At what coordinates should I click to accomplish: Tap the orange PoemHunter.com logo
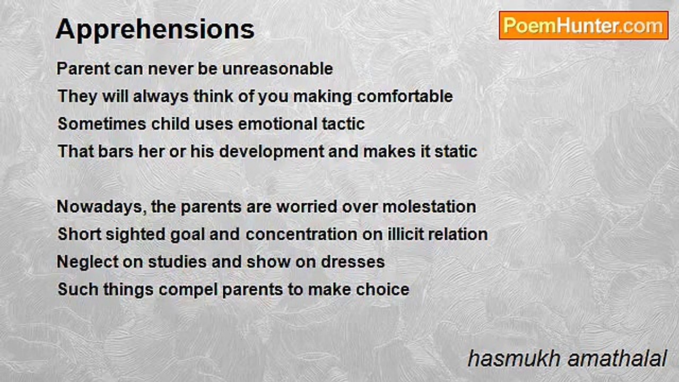584,25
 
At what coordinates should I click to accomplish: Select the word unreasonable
277,68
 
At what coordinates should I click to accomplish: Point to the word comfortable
405,96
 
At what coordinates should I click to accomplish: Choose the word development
271,152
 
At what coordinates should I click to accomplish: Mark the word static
456,152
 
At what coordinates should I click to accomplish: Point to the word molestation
429,207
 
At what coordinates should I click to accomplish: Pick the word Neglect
88,262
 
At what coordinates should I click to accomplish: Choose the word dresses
353,262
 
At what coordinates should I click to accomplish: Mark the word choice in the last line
382,290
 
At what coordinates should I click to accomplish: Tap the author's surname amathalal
617,359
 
